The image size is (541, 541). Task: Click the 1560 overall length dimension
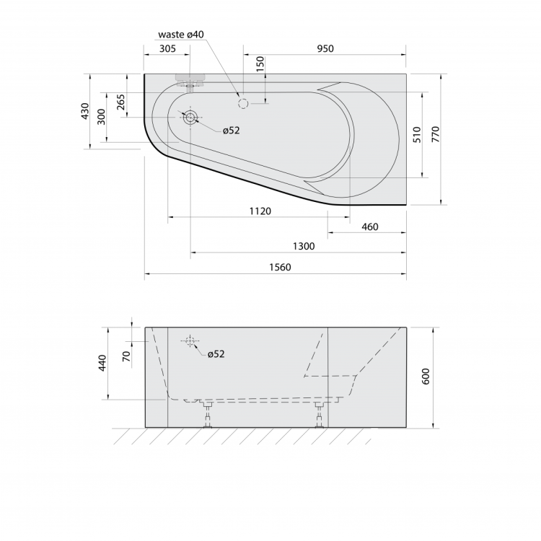point(280,267)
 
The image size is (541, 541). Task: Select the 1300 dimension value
point(304,246)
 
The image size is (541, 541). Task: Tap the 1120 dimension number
point(260,211)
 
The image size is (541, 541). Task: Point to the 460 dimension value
point(370,226)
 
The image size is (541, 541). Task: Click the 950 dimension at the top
point(325,48)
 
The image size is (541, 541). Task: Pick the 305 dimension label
point(167,48)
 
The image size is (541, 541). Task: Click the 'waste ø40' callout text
point(181,35)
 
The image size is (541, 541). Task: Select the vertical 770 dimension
point(436,134)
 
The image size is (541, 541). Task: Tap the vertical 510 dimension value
point(417,135)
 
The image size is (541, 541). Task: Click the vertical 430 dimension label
point(85,111)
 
